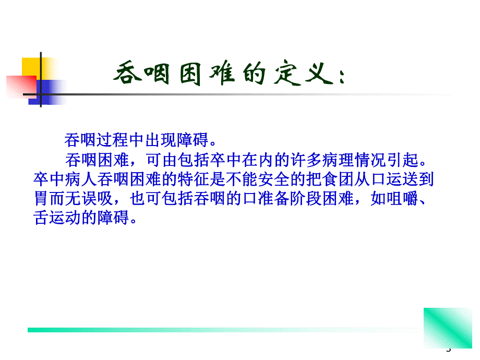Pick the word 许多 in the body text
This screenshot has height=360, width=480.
(283, 158)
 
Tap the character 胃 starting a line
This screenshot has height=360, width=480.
(40, 199)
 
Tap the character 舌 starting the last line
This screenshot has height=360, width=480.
(40, 217)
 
